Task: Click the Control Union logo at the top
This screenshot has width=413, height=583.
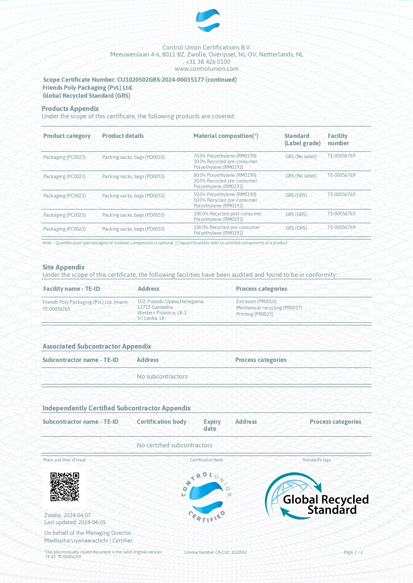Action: click(x=208, y=21)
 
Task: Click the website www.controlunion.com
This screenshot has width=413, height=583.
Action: click(x=207, y=69)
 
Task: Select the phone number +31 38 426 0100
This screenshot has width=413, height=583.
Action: click(x=208, y=62)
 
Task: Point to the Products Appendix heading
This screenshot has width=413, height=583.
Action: click(x=70, y=109)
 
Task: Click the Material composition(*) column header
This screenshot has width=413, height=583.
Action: click(x=226, y=136)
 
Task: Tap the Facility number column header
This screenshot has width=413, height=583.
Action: click(x=338, y=140)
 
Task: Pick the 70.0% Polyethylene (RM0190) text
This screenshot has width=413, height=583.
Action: click(x=225, y=156)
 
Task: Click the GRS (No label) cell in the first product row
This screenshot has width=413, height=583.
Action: click(x=301, y=157)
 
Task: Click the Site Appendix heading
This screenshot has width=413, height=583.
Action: click(x=64, y=267)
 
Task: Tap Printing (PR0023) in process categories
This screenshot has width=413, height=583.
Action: click(x=255, y=314)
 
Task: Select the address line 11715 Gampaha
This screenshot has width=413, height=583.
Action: click(x=155, y=307)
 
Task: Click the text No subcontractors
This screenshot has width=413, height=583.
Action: click(x=162, y=377)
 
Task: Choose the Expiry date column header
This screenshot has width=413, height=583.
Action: click(x=212, y=425)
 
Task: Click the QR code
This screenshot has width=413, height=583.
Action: click(x=65, y=487)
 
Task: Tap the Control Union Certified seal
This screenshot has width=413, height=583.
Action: click(x=207, y=497)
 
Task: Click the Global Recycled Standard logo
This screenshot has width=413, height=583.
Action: click(x=316, y=496)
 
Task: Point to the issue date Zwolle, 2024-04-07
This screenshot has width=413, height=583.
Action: click(x=68, y=515)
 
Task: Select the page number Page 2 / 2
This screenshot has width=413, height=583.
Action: click(x=353, y=552)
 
